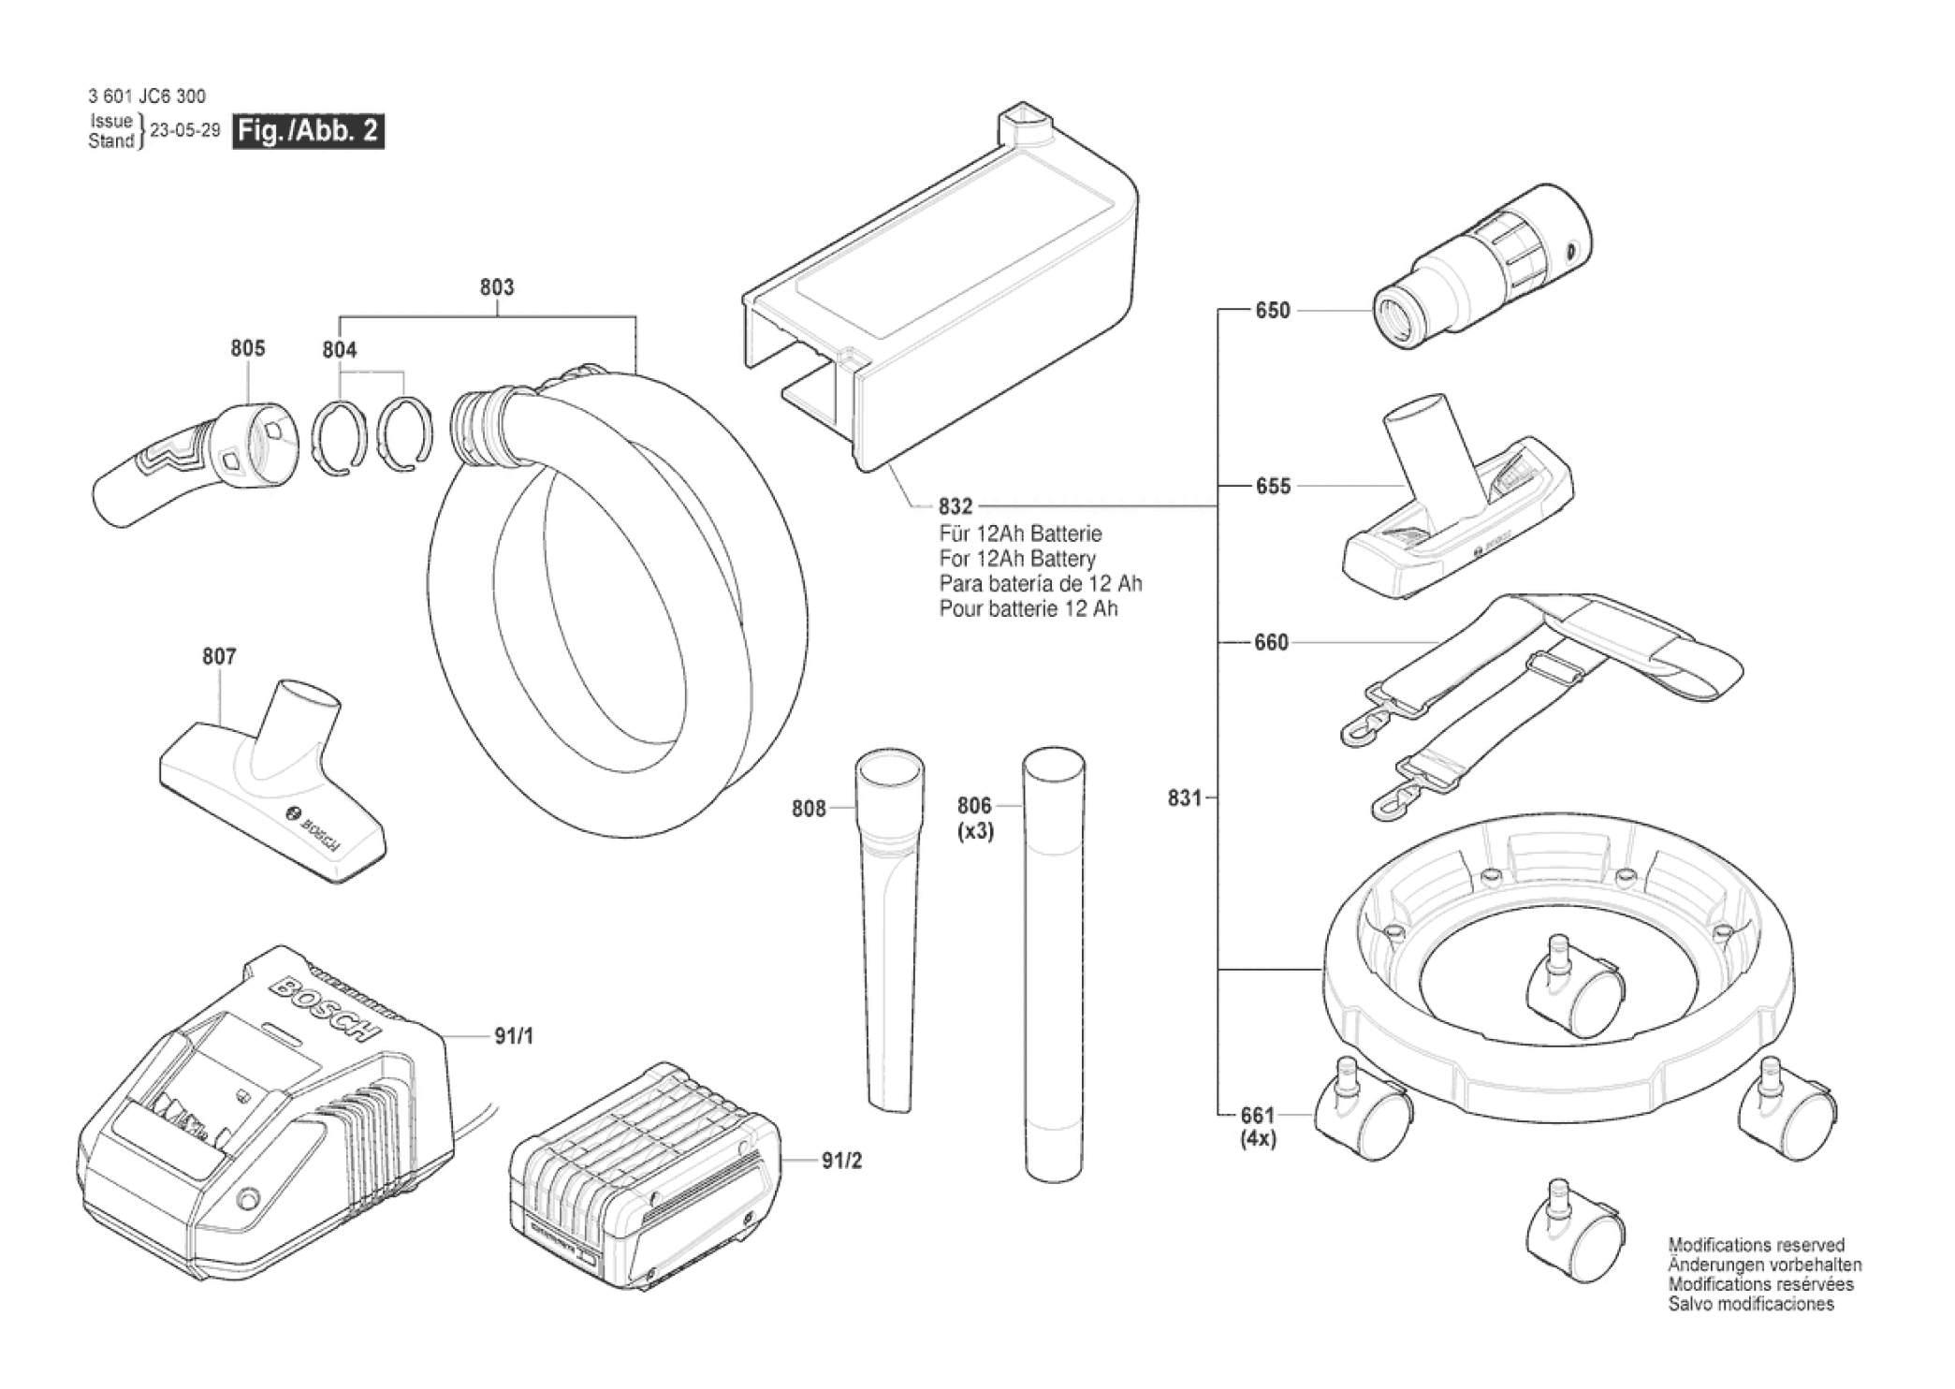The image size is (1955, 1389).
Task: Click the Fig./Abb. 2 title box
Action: coord(308,131)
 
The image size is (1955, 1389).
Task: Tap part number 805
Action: coord(248,348)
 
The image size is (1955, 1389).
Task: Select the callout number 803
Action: coord(497,287)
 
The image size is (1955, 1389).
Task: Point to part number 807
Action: coord(219,657)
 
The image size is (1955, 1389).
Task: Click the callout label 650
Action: coord(1272,311)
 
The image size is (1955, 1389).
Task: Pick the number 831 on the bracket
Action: coord(1184,798)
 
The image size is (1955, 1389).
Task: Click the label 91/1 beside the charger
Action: coord(514,1036)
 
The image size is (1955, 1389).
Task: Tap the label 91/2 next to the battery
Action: coord(841,1161)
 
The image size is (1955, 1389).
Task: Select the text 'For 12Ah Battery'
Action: coord(1017,559)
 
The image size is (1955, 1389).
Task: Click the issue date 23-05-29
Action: coord(185,131)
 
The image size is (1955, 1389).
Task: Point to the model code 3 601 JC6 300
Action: coord(147,96)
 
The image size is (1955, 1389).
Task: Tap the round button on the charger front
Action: coord(248,1199)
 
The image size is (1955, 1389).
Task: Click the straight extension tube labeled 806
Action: coord(1054,964)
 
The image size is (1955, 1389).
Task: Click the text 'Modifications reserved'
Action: coord(1757,1245)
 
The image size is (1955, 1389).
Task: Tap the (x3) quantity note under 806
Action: coord(975,831)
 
